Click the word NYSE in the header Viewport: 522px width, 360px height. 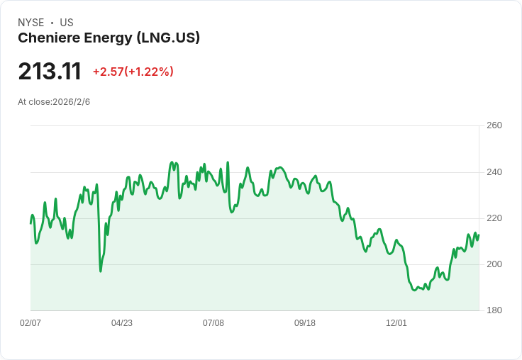tap(31, 23)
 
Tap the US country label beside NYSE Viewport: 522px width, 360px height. tap(67, 23)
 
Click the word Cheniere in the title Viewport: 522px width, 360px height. tap(49, 38)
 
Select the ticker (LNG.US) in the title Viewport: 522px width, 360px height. tap(168, 38)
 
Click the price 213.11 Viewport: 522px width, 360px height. tap(50, 71)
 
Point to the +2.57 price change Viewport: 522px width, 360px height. tap(109, 72)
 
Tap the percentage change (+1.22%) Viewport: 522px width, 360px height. tap(149, 72)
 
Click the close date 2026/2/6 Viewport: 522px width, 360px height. tap(71, 102)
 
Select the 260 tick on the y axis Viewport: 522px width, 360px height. tap(494, 125)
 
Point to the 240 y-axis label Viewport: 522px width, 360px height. tap(494, 172)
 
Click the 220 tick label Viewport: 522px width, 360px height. tap(494, 218)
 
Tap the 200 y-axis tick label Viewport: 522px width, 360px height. tap(494, 264)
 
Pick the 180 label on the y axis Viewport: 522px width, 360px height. tap(494, 310)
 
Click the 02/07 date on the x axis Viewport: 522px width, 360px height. tap(30, 323)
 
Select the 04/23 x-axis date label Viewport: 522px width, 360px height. tap(122, 323)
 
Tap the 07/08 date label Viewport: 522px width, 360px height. tap(213, 323)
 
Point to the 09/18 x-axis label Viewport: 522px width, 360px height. tap(304, 323)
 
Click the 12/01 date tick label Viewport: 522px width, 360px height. tap(396, 323)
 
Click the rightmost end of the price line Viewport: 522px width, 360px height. tap(479, 235)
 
